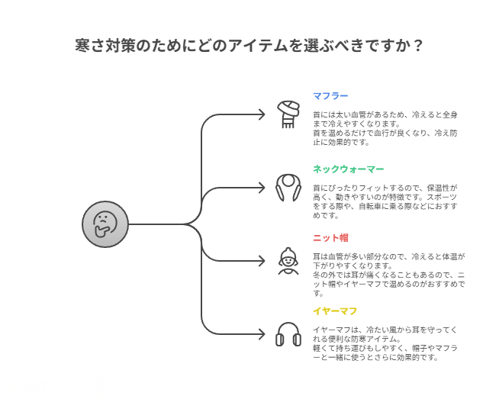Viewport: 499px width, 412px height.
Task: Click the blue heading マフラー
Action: [x=330, y=96]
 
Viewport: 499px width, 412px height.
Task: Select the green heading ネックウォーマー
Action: [x=349, y=169]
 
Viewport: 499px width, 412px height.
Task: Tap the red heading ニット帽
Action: [x=330, y=237]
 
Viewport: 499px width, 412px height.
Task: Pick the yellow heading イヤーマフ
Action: [x=335, y=311]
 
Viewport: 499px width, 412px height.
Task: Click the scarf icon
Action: [x=288, y=114]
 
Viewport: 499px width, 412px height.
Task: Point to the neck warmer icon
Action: [x=288, y=188]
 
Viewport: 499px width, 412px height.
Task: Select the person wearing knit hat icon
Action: [x=288, y=261]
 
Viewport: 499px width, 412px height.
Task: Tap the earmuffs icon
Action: [x=288, y=334]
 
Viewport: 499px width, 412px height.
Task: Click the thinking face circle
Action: [x=105, y=224]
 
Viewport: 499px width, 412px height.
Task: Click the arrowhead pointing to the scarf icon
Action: [x=262, y=114]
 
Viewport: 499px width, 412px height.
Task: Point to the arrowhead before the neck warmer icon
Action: [x=262, y=188]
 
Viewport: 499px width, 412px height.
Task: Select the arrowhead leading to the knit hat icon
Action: [x=262, y=261]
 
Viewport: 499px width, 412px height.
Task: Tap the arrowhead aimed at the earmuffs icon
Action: [x=262, y=334]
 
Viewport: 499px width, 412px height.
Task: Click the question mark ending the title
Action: [x=418, y=46]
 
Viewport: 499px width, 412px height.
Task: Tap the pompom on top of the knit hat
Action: [x=288, y=250]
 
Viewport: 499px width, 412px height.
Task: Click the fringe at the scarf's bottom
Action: [x=288, y=124]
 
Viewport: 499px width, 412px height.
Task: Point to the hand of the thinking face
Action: [x=101, y=231]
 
